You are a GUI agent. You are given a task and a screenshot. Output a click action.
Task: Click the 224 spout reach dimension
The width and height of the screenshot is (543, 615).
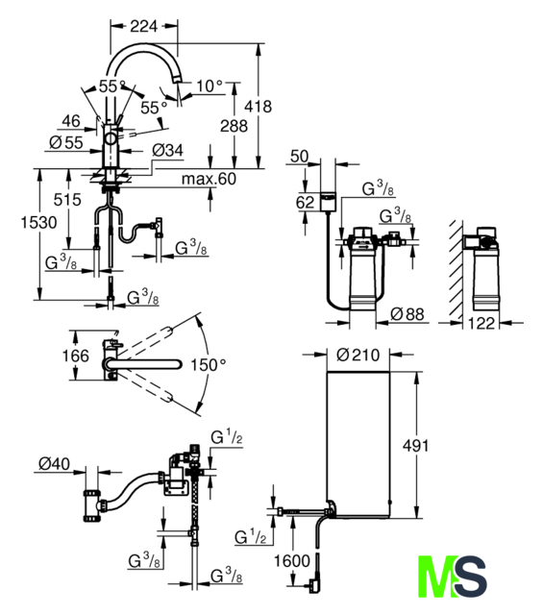point(143,26)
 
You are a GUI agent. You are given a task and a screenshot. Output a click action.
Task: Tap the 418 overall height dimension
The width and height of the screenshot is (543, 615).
point(259,107)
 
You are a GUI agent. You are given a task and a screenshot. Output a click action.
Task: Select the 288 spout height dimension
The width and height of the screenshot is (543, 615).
point(234,126)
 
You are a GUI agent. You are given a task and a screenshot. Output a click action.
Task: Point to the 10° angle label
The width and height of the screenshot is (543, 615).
point(210,86)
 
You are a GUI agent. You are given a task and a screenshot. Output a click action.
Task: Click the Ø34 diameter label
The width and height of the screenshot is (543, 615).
point(167,150)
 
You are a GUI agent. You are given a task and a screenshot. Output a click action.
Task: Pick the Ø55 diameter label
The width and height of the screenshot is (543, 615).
point(66,142)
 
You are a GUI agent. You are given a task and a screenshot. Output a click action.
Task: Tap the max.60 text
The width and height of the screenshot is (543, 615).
point(209,179)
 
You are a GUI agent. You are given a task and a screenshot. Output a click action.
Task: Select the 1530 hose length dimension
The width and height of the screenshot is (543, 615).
point(38,222)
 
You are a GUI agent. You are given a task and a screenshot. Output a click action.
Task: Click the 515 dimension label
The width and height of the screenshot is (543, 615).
point(67,200)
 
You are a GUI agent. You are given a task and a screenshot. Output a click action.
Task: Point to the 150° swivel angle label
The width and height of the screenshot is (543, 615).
point(208,365)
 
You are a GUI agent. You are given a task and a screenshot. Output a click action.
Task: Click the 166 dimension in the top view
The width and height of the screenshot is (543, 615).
point(76,356)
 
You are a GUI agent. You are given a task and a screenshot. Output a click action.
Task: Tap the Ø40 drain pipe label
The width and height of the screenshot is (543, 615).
point(54,463)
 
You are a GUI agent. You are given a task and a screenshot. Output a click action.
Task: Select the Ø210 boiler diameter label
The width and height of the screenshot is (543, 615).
point(358,355)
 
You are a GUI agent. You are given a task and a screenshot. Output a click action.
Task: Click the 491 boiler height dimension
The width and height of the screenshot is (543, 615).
point(416,446)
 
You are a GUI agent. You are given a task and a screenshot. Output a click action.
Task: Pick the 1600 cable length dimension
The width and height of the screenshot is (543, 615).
point(292,561)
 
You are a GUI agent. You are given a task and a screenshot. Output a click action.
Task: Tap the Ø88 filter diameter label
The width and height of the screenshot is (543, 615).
point(407,314)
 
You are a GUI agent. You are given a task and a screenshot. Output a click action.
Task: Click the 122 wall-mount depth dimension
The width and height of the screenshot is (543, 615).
point(481,323)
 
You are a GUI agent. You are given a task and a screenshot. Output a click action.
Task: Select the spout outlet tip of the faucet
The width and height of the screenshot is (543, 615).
point(176,80)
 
